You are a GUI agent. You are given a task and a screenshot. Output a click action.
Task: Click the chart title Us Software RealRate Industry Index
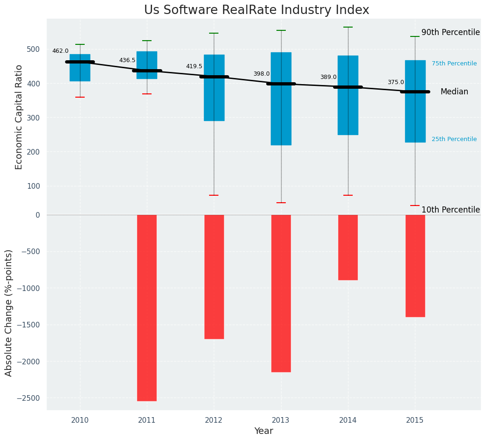[256, 10]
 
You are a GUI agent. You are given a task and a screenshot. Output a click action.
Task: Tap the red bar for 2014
[348, 247]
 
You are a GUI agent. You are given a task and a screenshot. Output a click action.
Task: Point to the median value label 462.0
[60, 51]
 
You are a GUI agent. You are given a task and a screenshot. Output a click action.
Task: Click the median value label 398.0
[261, 74]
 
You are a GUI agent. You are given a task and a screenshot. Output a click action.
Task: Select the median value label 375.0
[396, 82]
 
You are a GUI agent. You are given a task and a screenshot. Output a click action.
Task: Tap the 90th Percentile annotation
[450, 33]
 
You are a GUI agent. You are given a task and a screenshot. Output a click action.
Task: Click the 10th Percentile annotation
[450, 210]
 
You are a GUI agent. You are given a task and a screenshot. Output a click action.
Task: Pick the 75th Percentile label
[454, 64]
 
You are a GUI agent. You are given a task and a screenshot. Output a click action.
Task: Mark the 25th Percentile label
[454, 139]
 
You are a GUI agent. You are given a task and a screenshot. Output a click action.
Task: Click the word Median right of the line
[454, 92]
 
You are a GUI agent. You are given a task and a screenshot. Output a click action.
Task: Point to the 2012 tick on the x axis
[214, 420]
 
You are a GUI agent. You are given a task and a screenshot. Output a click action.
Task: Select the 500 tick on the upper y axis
[34, 50]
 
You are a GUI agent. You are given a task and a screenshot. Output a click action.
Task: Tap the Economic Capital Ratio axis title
[19, 117]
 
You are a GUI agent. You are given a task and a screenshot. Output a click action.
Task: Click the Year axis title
[264, 431]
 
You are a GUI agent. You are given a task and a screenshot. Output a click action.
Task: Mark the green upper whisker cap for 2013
[281, 30]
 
